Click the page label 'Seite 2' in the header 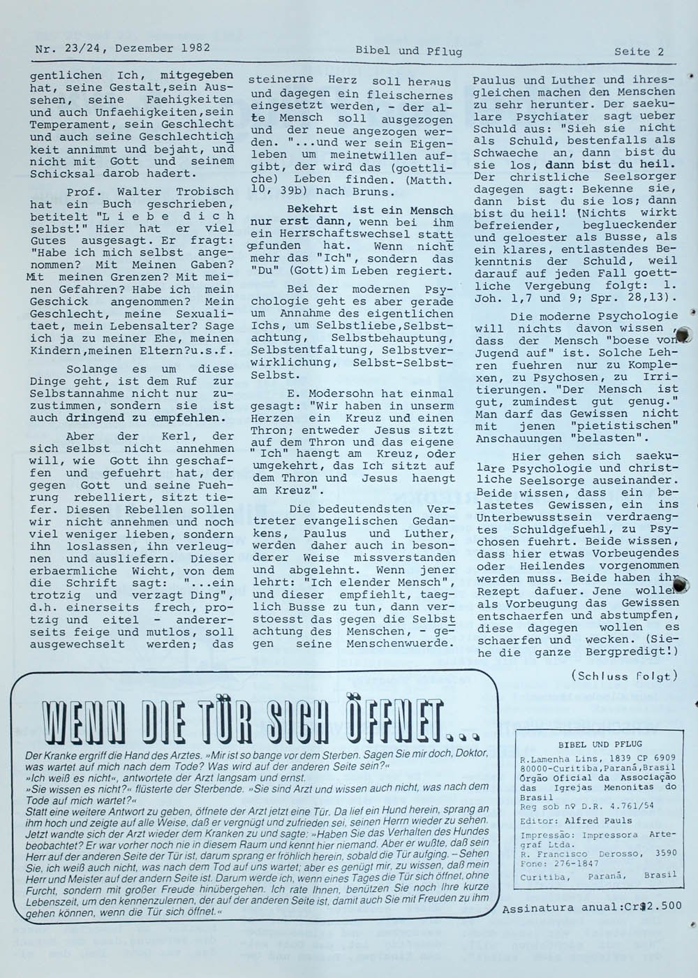[639, 51]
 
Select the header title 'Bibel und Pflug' [408, 50]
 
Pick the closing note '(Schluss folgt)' [624, 676]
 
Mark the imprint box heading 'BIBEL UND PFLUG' [600, 745]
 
